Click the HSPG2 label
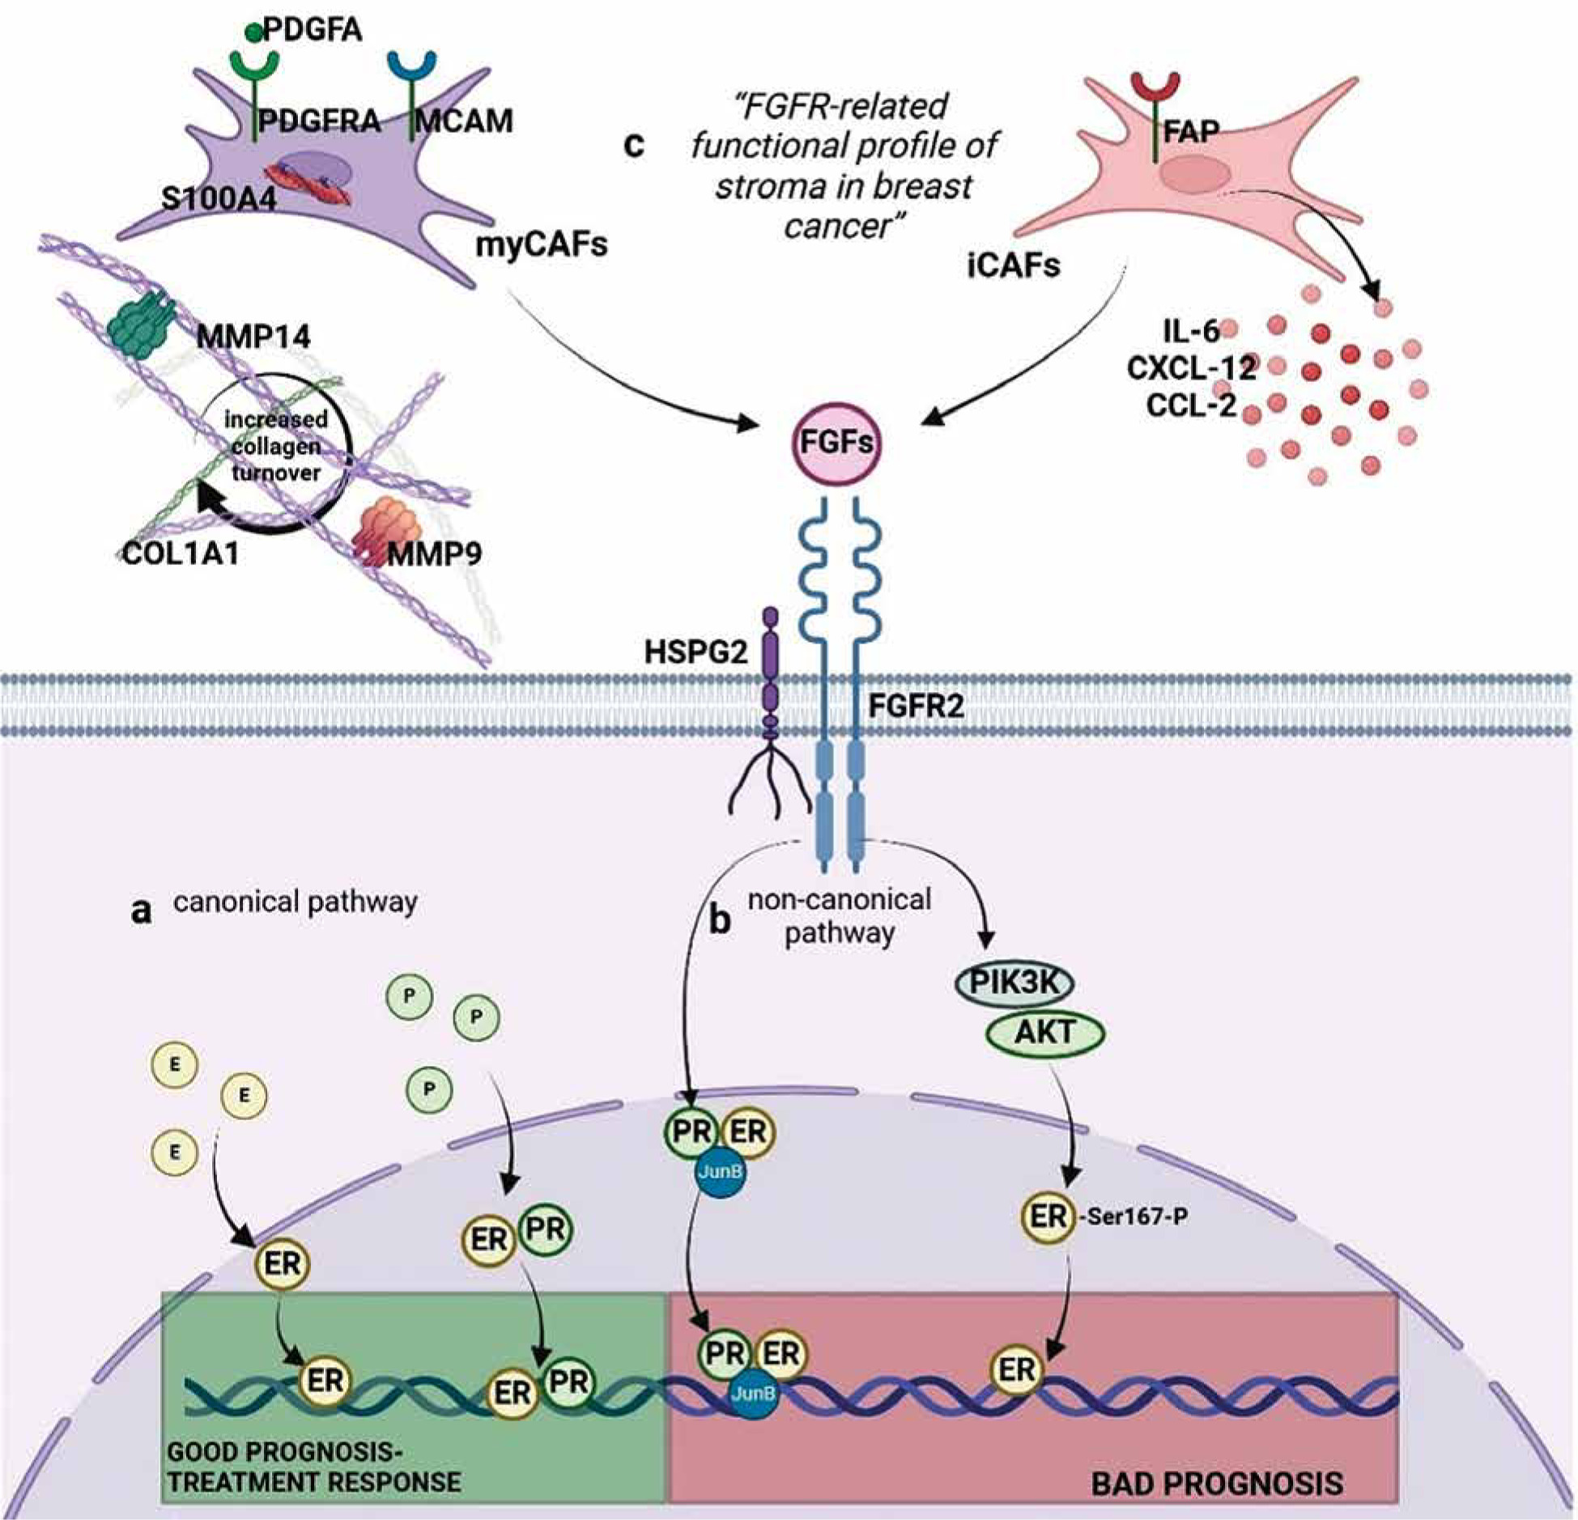click(695, 652)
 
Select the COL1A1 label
click(181, 554)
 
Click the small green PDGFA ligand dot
click(253, 33)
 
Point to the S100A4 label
click(219, 198)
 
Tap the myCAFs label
click(541, 244)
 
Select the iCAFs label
click(1013, 265)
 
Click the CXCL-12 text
click(1190, 368)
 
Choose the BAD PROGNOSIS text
click(1216, 1484)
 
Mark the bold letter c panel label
click(634, 146)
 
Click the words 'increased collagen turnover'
click(276, 446)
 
